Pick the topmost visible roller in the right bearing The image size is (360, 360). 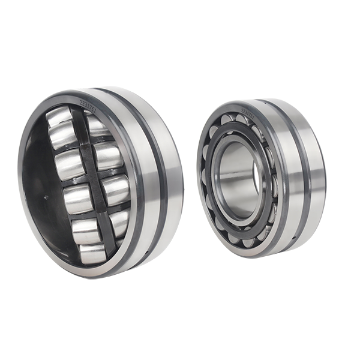230,120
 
